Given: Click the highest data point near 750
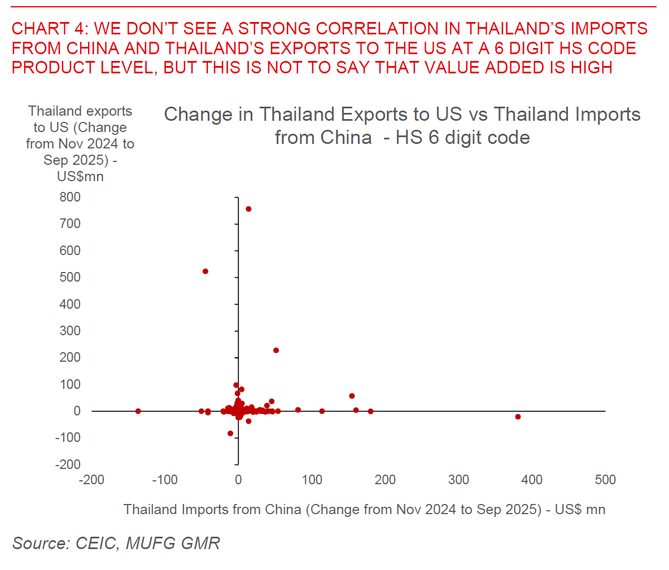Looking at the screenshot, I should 248,209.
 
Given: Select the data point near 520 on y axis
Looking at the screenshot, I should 205,271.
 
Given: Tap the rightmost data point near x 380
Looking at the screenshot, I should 518,417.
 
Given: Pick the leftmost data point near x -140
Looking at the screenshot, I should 138,411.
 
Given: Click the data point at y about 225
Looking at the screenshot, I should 276,350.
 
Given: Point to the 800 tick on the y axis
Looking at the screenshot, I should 70,197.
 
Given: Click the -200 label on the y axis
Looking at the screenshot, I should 68,464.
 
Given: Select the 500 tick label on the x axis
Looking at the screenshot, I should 605,480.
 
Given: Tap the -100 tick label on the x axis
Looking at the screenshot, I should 165,480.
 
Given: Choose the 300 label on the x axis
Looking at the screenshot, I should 458,480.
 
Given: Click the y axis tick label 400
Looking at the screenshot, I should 70,304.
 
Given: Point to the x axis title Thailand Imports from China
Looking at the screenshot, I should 364,510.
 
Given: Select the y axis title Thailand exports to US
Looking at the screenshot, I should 80,143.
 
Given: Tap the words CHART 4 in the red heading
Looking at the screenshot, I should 48,29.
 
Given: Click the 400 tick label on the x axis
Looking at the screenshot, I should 532,480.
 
